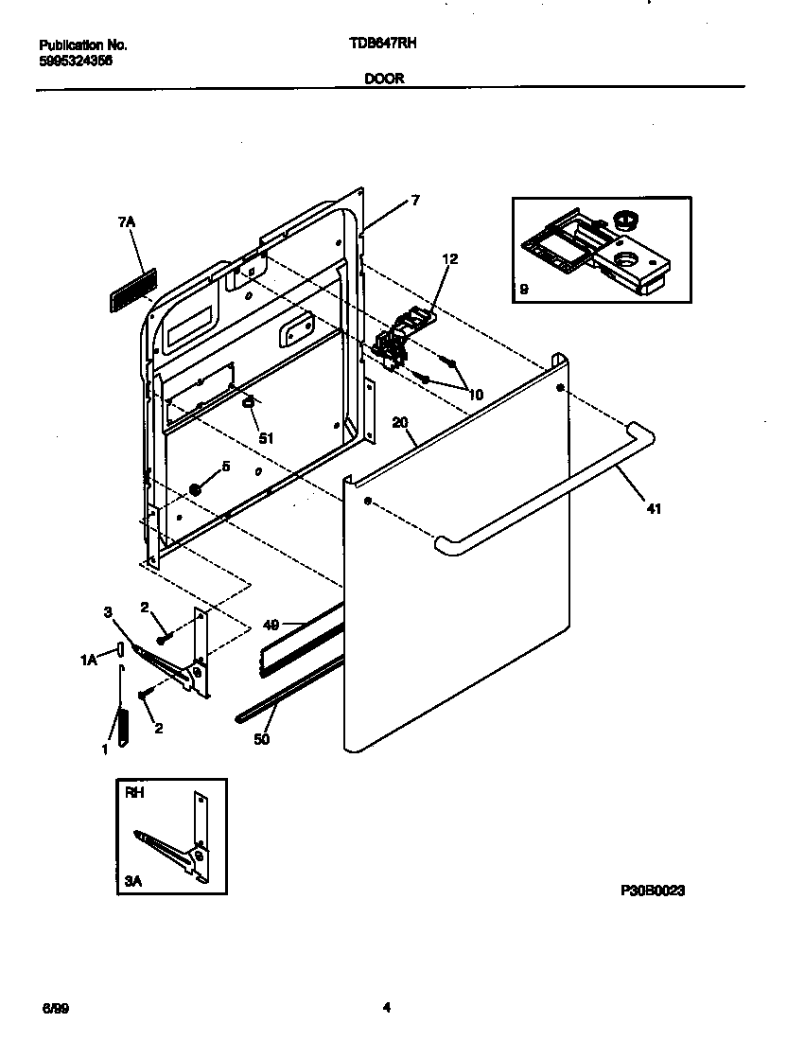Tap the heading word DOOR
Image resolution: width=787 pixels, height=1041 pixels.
click(x=384, y=79)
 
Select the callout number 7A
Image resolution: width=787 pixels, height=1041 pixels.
click(x=128, y=221)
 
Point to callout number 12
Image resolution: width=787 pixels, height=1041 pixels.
click(x=449, y=258)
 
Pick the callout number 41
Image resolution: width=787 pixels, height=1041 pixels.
click(x=654, y=509)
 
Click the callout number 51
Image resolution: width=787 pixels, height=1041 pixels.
click(x=266, y=438)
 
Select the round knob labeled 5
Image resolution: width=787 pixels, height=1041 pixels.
click(x=197, y=489)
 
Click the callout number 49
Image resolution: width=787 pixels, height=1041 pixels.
click(x=271, y=625)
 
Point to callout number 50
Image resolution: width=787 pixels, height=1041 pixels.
click(x=262, y=739)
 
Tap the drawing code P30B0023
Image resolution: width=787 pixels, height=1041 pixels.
click(x=653, y=891)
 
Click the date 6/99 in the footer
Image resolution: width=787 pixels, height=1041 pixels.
click(x=54, y=1009)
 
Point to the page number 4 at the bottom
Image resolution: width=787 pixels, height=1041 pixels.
click(x=386, y=1009)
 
